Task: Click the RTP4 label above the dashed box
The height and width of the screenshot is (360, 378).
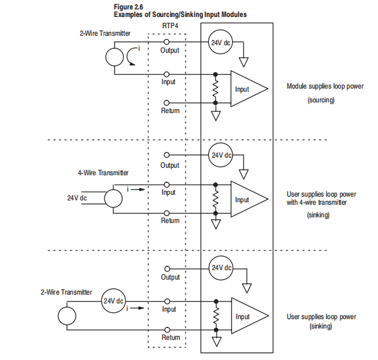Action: [x=170, y=26]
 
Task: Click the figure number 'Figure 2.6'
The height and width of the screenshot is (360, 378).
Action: [x=128, y=7]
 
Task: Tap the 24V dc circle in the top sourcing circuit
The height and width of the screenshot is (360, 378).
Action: [x=220, y=42]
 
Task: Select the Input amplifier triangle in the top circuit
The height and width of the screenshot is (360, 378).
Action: [x=249, y=89]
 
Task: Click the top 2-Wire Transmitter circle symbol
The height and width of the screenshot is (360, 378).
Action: [x=114, y=57]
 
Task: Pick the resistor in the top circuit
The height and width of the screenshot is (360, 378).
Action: [x=215, y=89]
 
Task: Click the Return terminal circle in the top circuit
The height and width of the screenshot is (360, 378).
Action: [x=167, y=103]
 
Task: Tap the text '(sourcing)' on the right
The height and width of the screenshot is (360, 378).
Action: [x=321, y=100]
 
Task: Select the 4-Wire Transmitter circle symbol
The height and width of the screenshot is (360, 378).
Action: [x=113, y=199]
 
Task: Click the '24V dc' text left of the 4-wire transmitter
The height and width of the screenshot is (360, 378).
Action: [x=77, y=198]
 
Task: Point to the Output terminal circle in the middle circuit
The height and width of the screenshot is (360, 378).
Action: [x=167, y=155]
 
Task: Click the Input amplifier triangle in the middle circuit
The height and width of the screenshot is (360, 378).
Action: [x=249, y=199]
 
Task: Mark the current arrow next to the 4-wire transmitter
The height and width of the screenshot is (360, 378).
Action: [x=138, y=190]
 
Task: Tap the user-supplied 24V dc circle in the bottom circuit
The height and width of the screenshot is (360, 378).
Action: [x=113, y=301]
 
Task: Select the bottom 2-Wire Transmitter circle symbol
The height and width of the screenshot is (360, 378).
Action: [x=67, y=316]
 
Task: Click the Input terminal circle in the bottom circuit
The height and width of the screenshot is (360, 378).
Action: [x=167, y=301]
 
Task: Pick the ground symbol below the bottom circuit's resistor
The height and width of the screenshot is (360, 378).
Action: [x=216, y=341]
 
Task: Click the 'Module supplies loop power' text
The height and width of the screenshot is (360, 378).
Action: [x=325, y=86]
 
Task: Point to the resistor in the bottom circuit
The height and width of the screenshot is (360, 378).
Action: [x=216, y=315]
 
